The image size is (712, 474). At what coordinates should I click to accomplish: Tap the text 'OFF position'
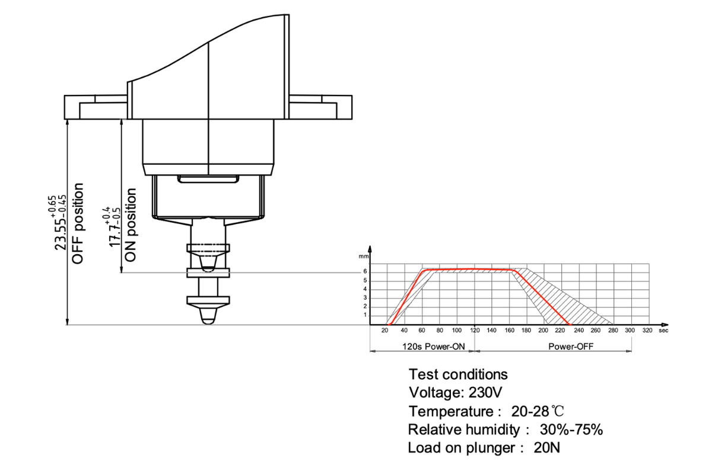pyautogui.click(x=78, y=223)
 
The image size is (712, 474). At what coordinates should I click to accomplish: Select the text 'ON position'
pyautogui.click(x=131, y=226)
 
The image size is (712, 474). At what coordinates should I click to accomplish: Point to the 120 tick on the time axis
pyautogui.click(x=475, y=330)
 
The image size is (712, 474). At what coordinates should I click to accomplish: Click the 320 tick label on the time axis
pyautogui.click(x=647, y=330)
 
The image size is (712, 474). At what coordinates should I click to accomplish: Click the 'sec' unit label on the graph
pyautogui.click(x=663, y=330)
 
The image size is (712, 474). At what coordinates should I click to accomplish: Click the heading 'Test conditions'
pyautogui.click(x=458, y=374)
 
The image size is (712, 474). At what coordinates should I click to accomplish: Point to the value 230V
pyautogui.click(x=487, y=392)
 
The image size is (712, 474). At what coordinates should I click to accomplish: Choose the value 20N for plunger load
pyautogui.click(x=546, y=448)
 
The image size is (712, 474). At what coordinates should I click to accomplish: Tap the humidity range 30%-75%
pyautogui.click(x=571, y=430)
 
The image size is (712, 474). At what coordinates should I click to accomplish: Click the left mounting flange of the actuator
pyautogui.click(x=95, y=107)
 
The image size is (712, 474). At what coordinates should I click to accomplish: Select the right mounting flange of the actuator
pyautogui.click(x=320, y=107)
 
